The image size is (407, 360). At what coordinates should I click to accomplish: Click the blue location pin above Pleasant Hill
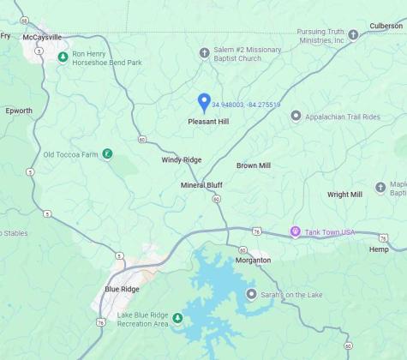(x=204, y=102)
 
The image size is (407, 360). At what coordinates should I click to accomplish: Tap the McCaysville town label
(x=43, y=38)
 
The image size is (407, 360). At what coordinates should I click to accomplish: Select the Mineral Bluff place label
(x=201, y=185)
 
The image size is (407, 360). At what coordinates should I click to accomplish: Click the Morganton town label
(x=253, y=260)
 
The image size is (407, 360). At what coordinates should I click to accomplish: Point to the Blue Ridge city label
(x=122, y=289)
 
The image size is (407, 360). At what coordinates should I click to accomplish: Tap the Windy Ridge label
(x=182, y=160)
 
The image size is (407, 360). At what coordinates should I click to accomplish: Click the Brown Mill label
(x=254, y=165)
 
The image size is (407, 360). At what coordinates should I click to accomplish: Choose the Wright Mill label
(x=344, y=195)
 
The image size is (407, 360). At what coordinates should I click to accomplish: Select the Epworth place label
(x=19, y=111)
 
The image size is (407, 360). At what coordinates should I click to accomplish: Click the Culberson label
(x=386, y=26)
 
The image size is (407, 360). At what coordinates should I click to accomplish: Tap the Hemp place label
(x=378, y=249)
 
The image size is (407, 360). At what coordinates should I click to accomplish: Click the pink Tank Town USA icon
(x=296, y=232)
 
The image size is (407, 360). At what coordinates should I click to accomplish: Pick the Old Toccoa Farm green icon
(x=107, y=154)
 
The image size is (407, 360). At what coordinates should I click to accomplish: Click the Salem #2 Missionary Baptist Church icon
(x=204, y=53)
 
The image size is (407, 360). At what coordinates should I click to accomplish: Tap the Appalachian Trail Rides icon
(x=296, y=116)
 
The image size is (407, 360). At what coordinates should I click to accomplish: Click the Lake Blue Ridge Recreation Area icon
(x=177, y=319)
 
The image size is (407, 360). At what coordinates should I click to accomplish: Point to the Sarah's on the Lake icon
(x=251, y=294)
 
